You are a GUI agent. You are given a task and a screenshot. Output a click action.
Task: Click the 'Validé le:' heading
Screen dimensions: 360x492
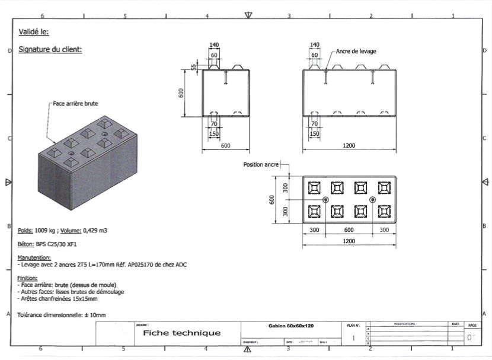34,32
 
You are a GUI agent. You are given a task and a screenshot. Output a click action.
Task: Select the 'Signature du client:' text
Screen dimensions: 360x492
50,49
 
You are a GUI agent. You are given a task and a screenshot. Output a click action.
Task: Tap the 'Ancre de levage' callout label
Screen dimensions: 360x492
356,52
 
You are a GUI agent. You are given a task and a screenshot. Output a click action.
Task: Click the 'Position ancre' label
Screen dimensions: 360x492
261,164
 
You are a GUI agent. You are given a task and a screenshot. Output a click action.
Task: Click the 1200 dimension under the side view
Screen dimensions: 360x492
349,145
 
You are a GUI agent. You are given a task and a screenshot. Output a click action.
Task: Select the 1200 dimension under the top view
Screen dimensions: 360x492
349,241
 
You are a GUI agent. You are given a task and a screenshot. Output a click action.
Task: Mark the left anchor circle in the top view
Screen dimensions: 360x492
325,200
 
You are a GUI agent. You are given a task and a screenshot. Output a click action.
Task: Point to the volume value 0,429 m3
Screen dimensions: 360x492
94,230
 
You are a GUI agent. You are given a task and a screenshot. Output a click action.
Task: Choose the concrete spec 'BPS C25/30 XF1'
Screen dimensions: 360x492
59,244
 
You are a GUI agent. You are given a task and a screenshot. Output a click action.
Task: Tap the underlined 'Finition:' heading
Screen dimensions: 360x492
28,278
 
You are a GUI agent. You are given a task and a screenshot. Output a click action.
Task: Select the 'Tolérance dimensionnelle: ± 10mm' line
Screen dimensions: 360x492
57,315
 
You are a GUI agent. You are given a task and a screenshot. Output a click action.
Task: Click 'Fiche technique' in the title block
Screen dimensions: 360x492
181,333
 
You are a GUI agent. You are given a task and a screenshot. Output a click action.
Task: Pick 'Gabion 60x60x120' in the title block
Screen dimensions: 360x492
290,326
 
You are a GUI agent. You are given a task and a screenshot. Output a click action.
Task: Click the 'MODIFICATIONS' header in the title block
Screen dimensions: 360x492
404,324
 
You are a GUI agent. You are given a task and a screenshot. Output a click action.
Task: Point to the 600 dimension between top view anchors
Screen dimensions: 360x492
349,230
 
